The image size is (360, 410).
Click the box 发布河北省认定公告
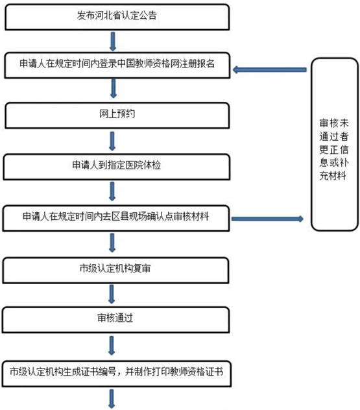coord(117,17)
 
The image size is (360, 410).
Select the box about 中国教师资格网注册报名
coord(117,65)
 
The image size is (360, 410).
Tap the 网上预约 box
coord(117,115)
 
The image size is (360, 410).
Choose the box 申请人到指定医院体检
coord(117,167)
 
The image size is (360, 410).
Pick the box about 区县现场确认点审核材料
coord(116,219)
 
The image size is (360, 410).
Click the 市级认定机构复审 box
coord(115,271)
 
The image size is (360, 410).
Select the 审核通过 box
coord(115,320)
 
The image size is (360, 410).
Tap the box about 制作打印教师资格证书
coord(117,374)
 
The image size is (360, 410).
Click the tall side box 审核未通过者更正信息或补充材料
coord(335,144)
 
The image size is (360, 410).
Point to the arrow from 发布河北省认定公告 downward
coord(113,42)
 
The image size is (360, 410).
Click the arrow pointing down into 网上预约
coord(114,89)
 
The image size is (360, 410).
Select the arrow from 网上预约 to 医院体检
coord(112,141)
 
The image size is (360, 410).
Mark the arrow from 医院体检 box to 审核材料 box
coord(112,191)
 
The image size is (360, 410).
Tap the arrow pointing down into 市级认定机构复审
coord(112,243)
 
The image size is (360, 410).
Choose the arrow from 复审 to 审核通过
coord(112,294)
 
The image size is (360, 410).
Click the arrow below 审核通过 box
coord(112,345)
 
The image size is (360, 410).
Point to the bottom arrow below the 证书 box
coord(112,399)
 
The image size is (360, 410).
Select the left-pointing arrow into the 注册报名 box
coord(270,70)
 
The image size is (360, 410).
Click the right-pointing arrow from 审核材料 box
coord(267,219)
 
